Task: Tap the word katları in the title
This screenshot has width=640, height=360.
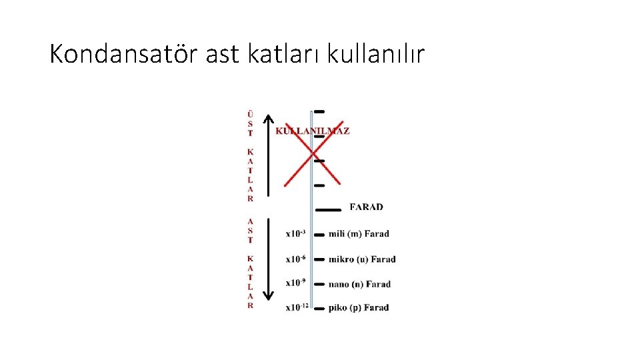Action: (x=277, y=54)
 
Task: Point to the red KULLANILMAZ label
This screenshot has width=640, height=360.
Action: (x=313, y=131)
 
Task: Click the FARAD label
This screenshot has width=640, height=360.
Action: (x=366, y=207)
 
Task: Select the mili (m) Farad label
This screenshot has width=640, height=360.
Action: (x=359, y=234)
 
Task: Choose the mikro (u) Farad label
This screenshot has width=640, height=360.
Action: (x=362, y=259)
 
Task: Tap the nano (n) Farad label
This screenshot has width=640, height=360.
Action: (x=359, y=284)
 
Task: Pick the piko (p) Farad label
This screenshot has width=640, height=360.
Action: (x=359, y=307)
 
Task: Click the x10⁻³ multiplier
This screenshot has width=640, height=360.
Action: (x=295, y=233)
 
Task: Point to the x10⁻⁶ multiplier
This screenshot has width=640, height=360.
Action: (x=295, y=259)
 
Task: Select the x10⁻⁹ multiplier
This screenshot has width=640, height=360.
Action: (x=295, y=283)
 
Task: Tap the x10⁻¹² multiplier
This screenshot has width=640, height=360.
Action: (x=297, y=307)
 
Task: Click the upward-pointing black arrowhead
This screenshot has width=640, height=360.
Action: (x=268, y=120)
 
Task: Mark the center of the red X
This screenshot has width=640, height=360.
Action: (x=313, y=155)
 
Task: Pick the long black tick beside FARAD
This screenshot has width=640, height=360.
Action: (x=327, y=209)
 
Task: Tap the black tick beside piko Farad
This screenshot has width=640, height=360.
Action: (x=318, y=309)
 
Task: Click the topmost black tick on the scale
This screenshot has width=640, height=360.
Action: (x=319, y=111)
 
